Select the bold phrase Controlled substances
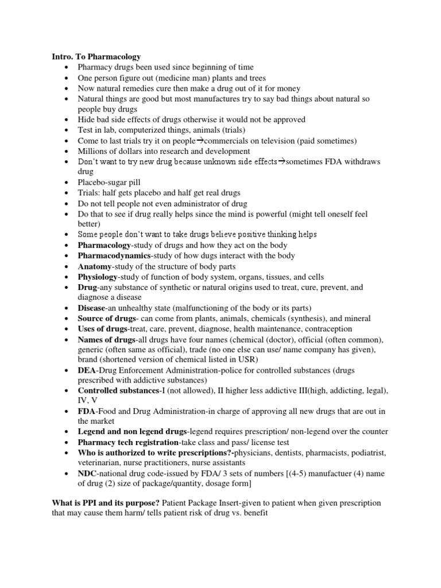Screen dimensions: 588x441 click(118, 390)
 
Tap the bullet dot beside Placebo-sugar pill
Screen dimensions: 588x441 click(68, 183)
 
